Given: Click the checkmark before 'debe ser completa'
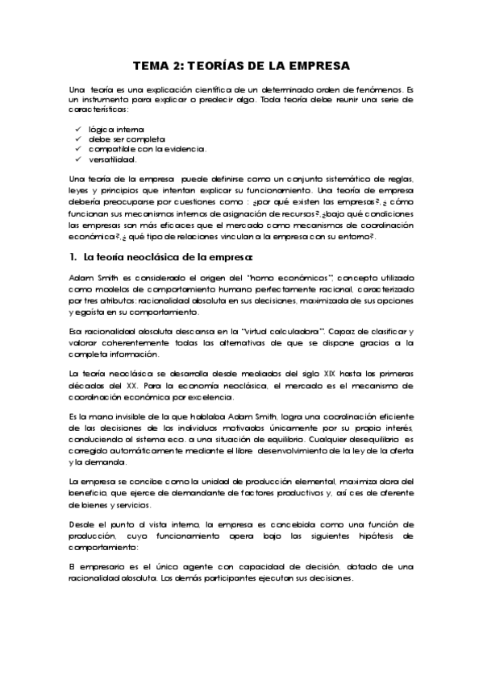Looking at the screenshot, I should (x=77, y=139).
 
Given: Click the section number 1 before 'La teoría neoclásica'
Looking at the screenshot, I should (x=73, y=257).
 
